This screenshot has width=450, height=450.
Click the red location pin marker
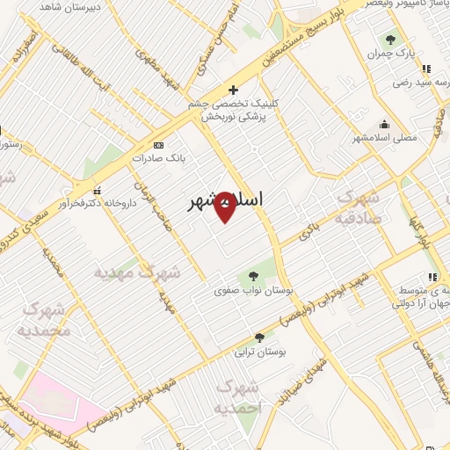point(225,206)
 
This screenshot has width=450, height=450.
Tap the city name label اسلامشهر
point(226,201)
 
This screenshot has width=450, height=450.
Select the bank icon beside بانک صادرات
point(157,145)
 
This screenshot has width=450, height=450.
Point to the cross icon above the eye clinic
point(233,90)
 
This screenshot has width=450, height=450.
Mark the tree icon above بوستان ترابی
point(258,337)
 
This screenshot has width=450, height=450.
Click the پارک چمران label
point(392,54)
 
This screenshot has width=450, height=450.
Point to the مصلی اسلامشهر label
point(381,137)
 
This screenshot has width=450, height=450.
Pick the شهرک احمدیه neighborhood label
point(239,398)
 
